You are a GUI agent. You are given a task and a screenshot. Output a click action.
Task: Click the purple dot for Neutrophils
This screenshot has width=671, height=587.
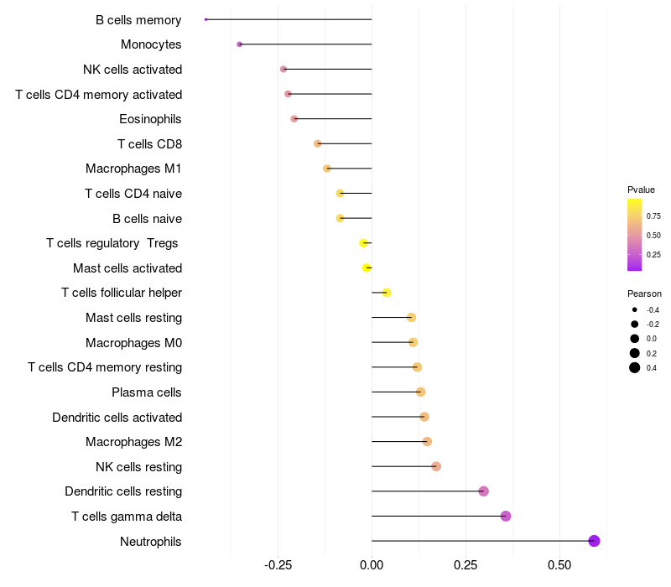594,541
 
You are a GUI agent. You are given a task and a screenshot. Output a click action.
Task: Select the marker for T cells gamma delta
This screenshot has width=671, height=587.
506,516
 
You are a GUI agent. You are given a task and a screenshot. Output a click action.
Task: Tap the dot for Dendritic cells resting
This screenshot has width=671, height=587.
483,491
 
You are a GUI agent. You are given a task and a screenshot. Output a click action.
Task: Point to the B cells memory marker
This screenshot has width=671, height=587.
205,19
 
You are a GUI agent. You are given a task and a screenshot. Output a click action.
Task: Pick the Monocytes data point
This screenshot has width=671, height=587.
240,44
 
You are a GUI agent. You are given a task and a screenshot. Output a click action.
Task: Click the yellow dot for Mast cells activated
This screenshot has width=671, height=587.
367,268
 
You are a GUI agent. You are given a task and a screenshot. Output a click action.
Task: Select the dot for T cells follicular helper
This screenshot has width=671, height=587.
387,293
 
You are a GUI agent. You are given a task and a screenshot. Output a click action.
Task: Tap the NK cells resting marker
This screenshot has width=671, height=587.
436,466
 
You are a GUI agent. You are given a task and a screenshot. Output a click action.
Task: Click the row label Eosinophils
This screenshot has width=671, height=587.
150,119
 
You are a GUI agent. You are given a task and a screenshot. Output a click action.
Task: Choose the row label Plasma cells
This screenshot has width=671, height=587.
147,392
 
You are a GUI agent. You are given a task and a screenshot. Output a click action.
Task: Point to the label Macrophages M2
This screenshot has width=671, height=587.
133,442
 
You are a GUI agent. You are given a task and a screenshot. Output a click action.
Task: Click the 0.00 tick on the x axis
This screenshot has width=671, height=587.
372,565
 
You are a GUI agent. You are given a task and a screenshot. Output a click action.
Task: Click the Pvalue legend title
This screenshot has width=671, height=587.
641,190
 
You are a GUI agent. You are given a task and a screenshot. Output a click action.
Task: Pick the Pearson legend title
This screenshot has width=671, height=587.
644,294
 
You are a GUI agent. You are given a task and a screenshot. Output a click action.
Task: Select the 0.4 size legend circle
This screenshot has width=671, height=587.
635,368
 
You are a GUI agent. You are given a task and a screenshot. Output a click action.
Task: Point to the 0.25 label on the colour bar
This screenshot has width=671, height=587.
653,254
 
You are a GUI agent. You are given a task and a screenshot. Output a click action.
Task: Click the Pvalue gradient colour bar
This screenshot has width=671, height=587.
635,235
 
